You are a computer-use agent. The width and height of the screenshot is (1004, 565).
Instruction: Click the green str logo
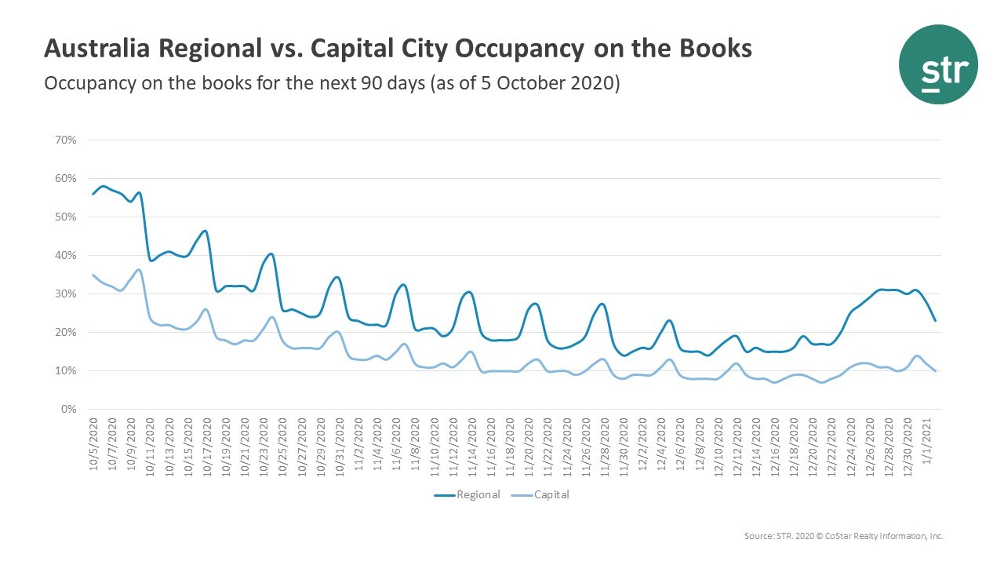coord(938,64)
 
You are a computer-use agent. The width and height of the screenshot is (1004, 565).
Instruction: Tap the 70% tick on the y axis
coord(65,140)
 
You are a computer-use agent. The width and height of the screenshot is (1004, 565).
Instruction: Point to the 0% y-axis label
coord(68,409)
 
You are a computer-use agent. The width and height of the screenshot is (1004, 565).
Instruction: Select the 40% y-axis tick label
coord(65,255)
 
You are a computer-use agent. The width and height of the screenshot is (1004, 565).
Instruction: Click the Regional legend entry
coord(467,494)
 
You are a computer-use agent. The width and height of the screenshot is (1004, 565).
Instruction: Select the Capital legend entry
coord(549,494)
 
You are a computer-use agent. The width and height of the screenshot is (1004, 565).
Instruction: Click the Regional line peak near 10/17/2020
coord(205,231)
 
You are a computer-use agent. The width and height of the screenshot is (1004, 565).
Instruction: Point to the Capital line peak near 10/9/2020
coord(139,270)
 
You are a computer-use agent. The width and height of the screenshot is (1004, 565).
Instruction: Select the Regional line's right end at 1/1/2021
coord(936,320)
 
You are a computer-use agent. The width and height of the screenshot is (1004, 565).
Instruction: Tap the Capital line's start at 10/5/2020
coord(93,275)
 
